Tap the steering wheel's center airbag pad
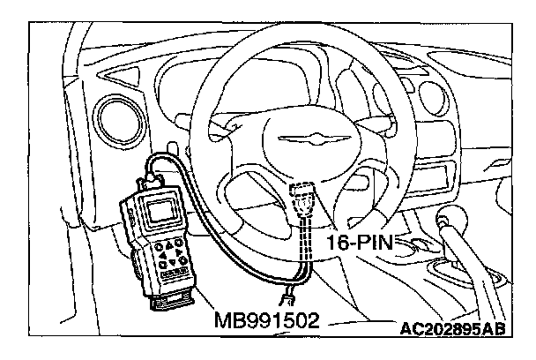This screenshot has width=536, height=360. pyautogui.click(x=291, y=141)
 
